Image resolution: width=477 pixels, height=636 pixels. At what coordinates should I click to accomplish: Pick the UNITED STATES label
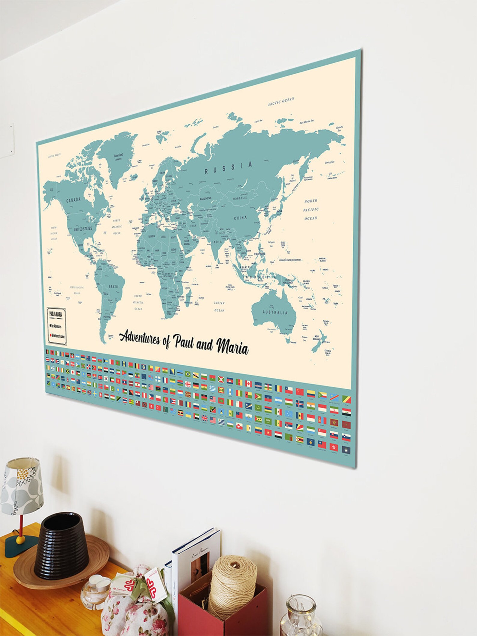click(x=83, y=229)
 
